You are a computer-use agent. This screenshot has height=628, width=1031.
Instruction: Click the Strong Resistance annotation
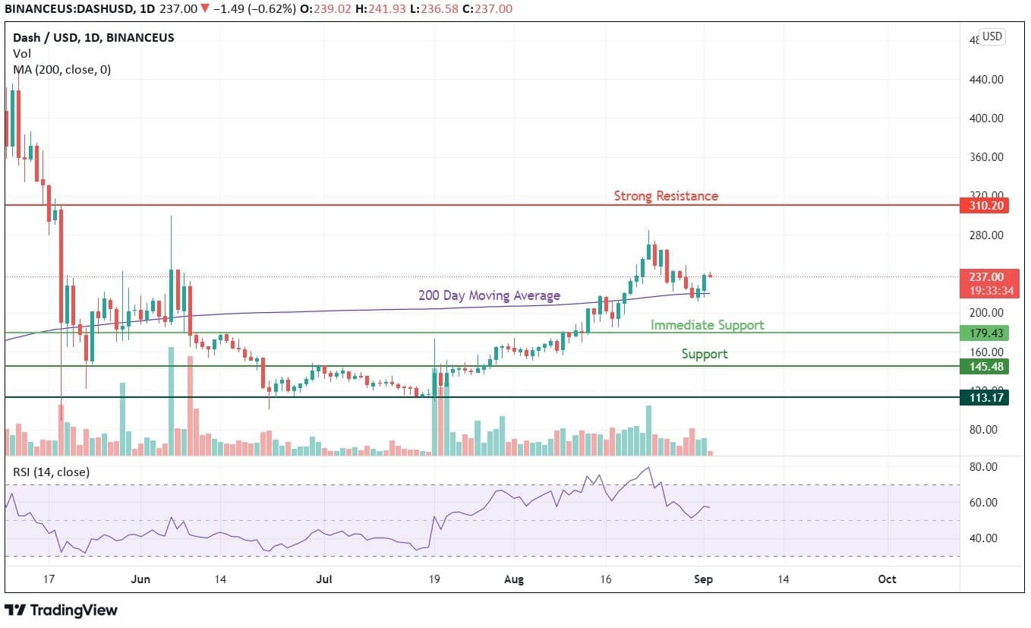[666, 196]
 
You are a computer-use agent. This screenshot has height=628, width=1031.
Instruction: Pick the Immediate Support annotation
[707, 325]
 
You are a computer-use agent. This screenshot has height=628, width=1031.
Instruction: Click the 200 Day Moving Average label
[489, 295]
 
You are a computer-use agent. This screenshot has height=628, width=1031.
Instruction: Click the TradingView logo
[61, 610]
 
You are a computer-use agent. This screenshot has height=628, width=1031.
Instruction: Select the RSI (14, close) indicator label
[51, 472]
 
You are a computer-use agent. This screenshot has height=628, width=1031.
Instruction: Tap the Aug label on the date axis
[514, 579]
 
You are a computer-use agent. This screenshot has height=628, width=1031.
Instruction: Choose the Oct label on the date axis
[887, 579]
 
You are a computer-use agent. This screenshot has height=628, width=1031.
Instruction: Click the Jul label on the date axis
[324, 579]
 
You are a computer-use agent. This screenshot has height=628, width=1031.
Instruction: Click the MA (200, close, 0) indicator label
[61, 69]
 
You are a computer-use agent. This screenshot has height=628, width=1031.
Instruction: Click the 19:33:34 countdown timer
[985, 290]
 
